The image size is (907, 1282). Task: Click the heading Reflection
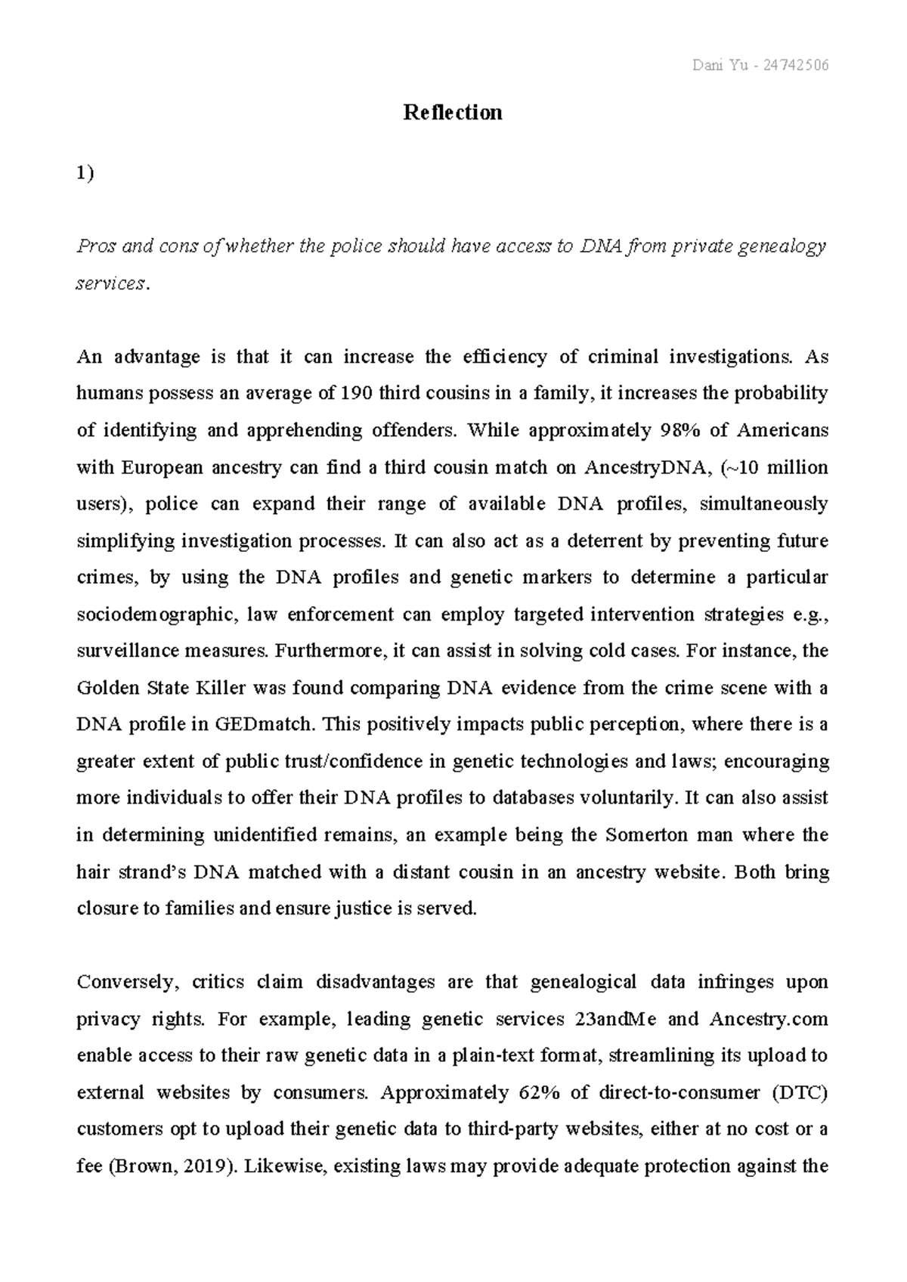coord(453,113)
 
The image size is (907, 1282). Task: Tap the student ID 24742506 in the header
coord(796,66)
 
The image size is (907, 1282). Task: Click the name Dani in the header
coord(707,66)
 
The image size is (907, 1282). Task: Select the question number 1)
coord(85,173)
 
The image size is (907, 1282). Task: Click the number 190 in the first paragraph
coord(357,393)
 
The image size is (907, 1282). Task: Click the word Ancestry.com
coord(769,1019)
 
